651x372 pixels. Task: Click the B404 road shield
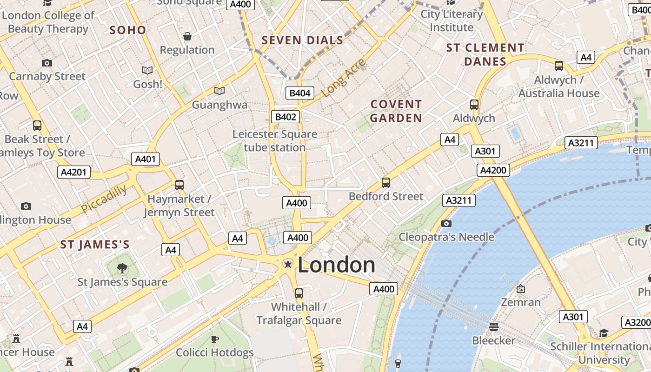pos(299,93)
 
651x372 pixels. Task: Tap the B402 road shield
pos(286,117)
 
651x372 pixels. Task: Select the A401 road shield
pos(145,159)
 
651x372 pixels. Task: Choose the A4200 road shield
pos(493,170)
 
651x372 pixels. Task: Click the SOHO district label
pos(128,30)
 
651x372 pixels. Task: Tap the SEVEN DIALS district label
pos(302,40)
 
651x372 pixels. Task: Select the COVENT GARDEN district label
pos(396,111)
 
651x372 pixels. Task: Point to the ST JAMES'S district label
pos(95,245)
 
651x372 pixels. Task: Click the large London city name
pos(336,265)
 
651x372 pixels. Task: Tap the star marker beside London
pos(288,264)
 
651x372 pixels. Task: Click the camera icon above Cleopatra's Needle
pos(446,224)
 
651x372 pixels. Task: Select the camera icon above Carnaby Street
pos(47,63)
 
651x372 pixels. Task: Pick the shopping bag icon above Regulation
pos(187,36)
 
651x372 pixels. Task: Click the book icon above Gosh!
pos(147,71)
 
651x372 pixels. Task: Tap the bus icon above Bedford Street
pos(385,183)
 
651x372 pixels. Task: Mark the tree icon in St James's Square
pos(122,268)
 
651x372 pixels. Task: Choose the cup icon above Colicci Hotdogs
pos(214,339)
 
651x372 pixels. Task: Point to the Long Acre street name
pos(343,78)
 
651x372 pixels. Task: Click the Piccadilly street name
pos(104,199)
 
